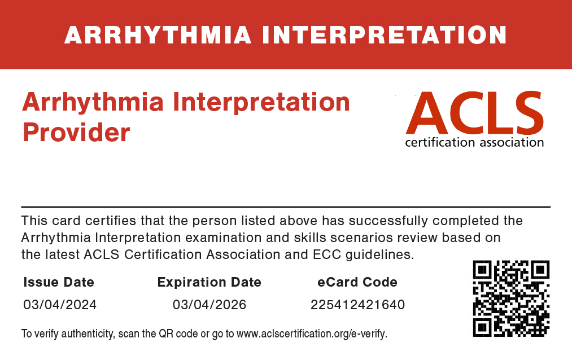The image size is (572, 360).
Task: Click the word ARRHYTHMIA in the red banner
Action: [x=158, y=36]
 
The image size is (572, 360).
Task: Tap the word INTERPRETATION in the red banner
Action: [x=385, y=36]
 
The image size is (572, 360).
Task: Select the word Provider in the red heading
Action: [x=76, y=132]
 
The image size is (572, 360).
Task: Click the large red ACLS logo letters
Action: [x=475, y=113]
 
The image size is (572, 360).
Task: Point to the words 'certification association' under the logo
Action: [x=474, y=142]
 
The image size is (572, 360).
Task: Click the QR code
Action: [x=511, y=298]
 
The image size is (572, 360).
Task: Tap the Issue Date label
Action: [x=59, y=282]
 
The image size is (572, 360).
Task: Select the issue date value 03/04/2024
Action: [x=60, y=305]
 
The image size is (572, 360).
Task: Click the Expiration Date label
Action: [x=209, y=282]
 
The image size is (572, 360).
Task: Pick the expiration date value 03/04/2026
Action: [x=209, y=305]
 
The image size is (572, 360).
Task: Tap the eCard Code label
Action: [x=357, y=282]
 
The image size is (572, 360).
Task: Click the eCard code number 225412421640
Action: [x=357, y=305]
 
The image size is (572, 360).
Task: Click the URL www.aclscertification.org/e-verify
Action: [x=311, y=333]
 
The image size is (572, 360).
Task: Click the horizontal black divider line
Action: [x=286, y=207]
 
